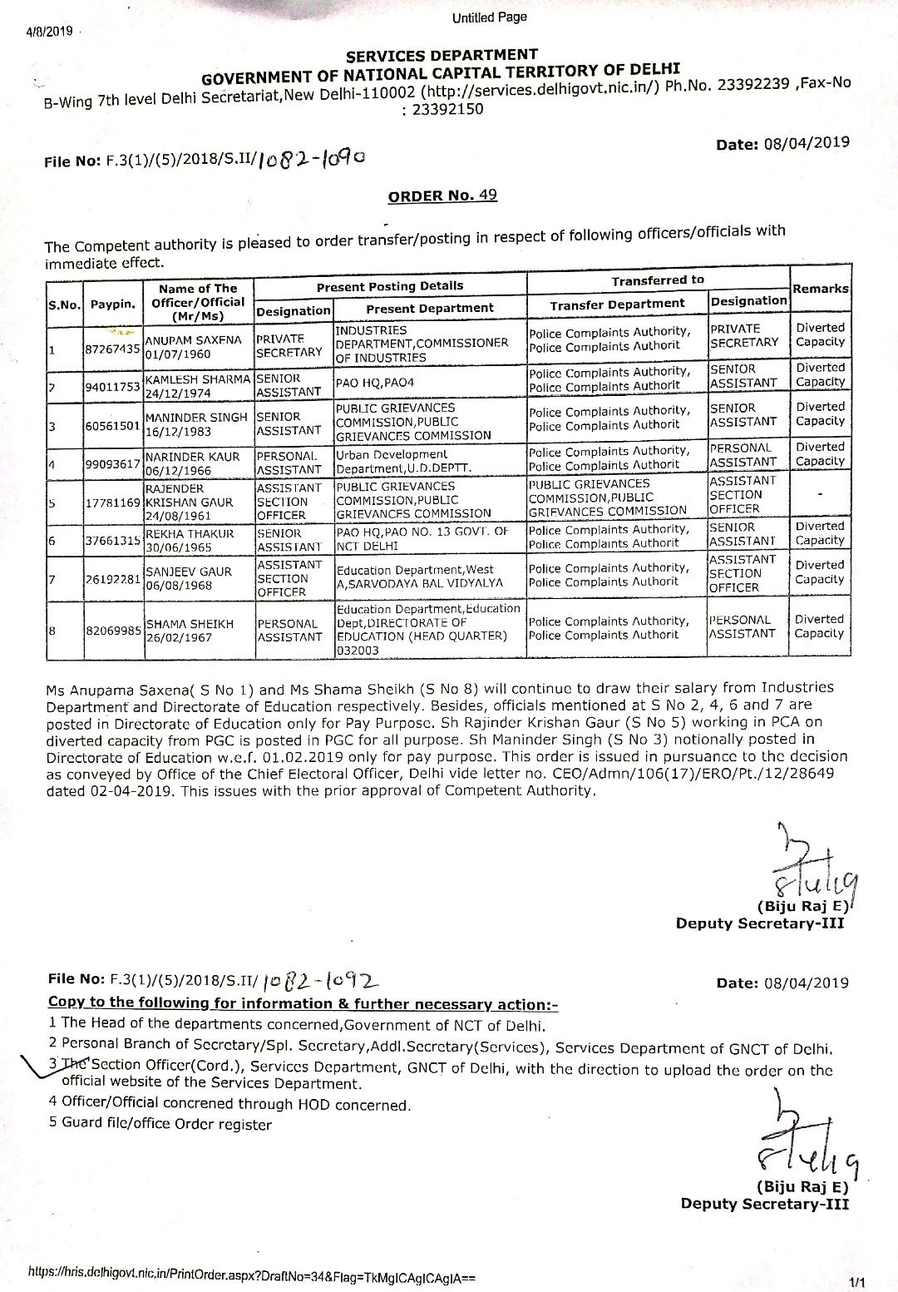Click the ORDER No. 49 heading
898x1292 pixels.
[x=442, y=196]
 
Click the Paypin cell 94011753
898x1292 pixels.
[x=112, y=385]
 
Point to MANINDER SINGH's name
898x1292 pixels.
[x=196, y=418]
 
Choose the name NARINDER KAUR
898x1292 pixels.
[x=192, y=457]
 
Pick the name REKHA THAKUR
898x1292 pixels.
[x=190, y=533]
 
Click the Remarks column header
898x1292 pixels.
[x=820, y=288]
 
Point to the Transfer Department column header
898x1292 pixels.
[x=617, y=304]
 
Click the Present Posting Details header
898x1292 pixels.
[x=389, y=286]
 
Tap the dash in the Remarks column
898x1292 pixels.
[x=820, y=495]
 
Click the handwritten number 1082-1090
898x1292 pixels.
[x=312, y=157]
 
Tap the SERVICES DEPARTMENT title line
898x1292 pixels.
[x=442, y=56]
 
